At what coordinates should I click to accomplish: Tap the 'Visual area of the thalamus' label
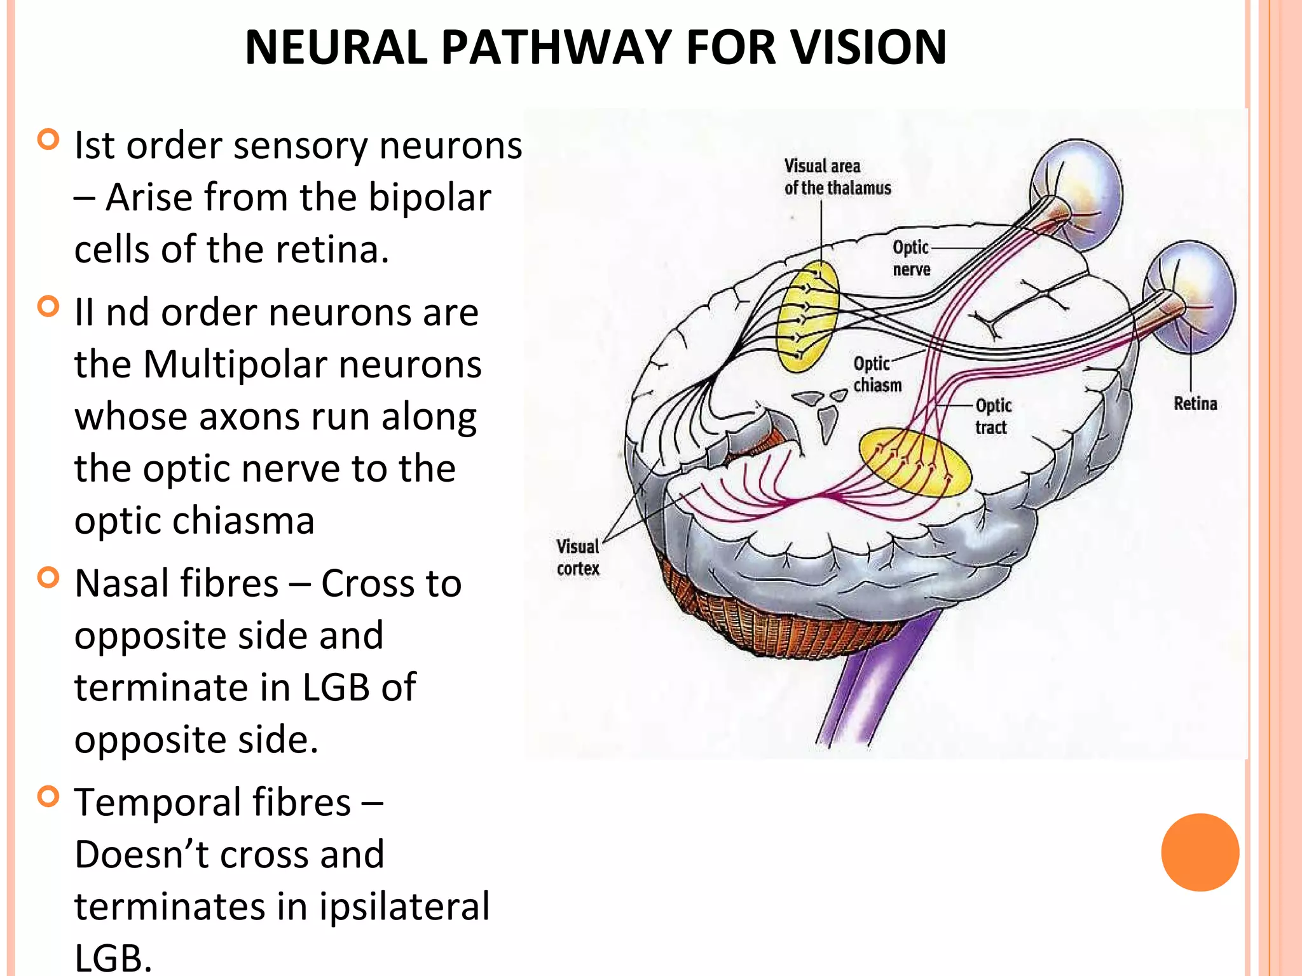[837, 177]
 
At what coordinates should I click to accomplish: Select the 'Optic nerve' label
[911, 258]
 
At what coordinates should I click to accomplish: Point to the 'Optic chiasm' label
[877, 374]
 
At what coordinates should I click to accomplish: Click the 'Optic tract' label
[993, 416]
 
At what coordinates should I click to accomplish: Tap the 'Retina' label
[1195, 403]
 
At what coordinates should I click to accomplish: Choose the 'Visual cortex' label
[577, 557]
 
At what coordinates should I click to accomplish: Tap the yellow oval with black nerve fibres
[808, 317]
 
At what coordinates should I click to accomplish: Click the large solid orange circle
[1200, 852]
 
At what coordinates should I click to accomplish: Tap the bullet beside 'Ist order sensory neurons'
[48, 139]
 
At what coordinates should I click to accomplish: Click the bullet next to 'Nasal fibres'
[48, 578]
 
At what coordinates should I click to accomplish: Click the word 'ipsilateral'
[404, 906]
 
